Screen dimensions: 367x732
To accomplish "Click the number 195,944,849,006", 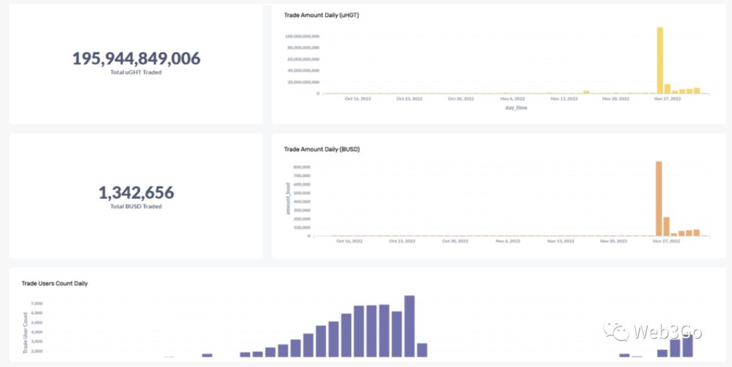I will (136, 59).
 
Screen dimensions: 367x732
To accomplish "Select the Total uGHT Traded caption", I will (136, 72).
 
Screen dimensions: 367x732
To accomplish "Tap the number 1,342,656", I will (136, 193).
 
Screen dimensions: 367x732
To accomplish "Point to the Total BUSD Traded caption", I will (136, 206).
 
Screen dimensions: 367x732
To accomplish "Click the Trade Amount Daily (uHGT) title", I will (321, 15).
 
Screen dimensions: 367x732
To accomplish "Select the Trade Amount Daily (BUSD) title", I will (321, 149).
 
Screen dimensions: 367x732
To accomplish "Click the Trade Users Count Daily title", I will (55, 283).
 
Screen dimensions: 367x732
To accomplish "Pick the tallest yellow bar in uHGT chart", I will (660, 60).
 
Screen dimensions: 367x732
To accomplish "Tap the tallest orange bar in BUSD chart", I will (659, 198).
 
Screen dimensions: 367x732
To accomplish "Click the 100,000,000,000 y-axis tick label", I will (302, 37).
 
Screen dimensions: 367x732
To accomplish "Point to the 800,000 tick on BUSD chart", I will (302, 167).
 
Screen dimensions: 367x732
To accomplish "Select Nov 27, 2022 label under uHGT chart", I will (666, 99).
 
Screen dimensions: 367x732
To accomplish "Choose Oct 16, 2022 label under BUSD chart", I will (350, 241).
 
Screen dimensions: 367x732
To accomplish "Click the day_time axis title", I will (516, 108).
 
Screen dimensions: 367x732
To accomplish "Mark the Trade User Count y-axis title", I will (26, 332).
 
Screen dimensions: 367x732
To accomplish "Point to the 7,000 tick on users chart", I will (37, 303).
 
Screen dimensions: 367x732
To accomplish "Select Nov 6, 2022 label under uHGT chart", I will (513, 99).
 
